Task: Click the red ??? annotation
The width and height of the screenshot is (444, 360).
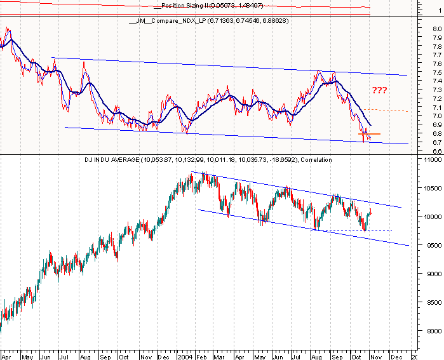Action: [379, 90]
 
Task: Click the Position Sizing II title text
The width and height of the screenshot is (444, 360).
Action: [198, 6]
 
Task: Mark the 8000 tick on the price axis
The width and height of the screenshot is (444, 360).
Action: [433, 331]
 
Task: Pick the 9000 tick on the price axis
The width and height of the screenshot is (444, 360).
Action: [433, 274]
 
